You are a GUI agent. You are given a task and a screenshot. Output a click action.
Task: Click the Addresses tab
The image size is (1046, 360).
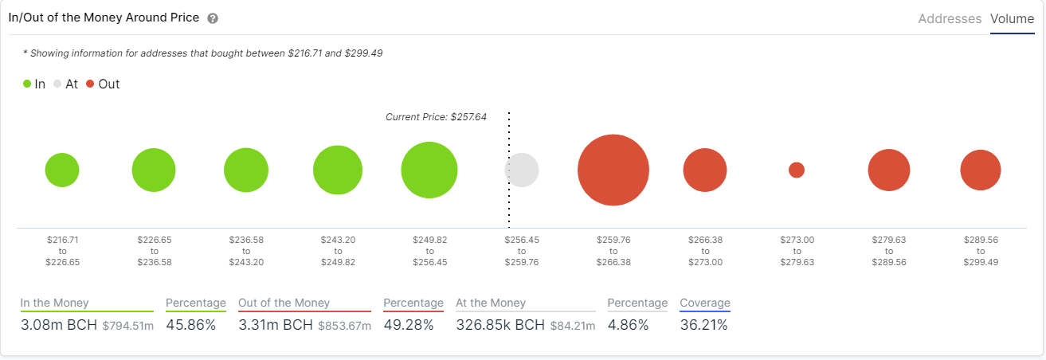pyautogui.click(x=950, y=18)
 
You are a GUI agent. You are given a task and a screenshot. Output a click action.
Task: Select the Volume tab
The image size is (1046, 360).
pyautogui.click(x=1012, y=18)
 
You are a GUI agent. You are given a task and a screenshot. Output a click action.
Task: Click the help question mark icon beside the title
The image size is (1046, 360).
pyautogui.click(x=212, y=18)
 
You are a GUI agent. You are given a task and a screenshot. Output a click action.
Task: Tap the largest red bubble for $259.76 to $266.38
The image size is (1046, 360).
pyautogui.click(x=613, y=170)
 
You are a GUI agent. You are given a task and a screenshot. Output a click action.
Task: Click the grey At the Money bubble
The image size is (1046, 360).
pyautogui.click(x=522, y=170)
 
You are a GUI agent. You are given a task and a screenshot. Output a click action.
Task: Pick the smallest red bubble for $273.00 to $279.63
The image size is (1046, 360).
pyautogui.click(x=797, y=170)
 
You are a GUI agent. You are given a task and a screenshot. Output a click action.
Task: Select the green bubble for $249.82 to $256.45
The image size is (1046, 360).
pyautogui.click(x=429, y=170)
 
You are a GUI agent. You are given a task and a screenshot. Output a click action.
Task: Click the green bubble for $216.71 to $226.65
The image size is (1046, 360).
pyautogui.click(x=62, y=170)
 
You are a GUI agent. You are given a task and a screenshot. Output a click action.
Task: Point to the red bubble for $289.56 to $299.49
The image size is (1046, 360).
pyautogui.click(x=980, y=170)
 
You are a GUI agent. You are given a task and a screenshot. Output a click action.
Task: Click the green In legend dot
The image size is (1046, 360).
pyautogui.click(x=28, y=84)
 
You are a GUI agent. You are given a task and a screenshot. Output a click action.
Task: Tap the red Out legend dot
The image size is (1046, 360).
pyautogui.click(x=91, y=84)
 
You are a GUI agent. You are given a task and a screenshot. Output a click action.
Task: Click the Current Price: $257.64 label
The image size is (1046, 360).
pyautogui.click(x=436, y=116)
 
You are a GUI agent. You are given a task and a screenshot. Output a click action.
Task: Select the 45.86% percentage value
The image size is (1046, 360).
pyautogui.click(x=190, y=325)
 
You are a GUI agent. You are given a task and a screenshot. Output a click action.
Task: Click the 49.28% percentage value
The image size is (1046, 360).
pyautogui.click(x=408, y=325)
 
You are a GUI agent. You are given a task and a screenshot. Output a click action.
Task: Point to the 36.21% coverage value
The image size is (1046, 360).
pyautogui.click(x=703, y=325)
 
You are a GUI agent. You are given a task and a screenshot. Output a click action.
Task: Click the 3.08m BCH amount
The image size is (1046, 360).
pyautogui.click(x=58, y=325)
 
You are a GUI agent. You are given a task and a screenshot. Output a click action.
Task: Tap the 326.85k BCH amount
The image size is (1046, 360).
pyautogui.click(x=500, y=325)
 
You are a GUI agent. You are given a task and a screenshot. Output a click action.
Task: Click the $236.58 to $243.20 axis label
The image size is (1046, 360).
pyautogui.click(x=245, y=250)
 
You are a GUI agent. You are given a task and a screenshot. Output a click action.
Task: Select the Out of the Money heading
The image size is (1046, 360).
pyautogui.click(x=284, y=303)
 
